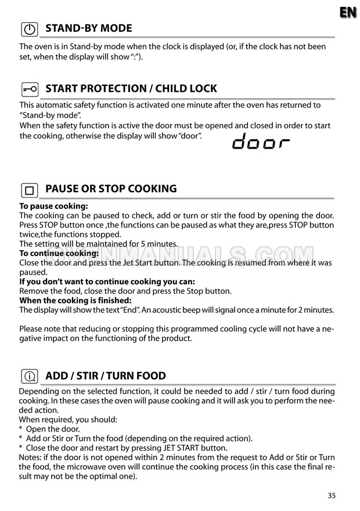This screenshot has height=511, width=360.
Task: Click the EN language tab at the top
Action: click(348, 12)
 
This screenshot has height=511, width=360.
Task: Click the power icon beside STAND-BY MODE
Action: click(30, 29)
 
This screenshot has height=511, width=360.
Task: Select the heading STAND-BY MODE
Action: click(88, 28)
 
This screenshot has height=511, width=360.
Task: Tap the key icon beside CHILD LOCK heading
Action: click(30, 89)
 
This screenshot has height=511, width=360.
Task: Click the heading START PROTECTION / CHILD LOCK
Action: click(131, 88)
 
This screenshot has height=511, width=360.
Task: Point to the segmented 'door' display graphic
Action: click(261, 142)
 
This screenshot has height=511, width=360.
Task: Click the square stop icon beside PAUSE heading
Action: click(30, 190)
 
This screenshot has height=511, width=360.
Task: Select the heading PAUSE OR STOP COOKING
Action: click(110, 189)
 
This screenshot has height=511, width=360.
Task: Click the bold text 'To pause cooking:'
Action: click(53, 206)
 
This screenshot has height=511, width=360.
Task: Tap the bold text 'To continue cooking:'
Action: click(59, 253)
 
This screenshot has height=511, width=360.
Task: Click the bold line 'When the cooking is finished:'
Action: click(75, 300)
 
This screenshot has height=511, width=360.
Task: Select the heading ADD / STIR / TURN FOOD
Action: click(105, 376)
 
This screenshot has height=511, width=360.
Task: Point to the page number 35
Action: click(332, 495)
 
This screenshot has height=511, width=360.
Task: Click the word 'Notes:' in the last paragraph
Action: click(31, 458)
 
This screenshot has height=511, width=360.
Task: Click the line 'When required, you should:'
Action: click(68, 419)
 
